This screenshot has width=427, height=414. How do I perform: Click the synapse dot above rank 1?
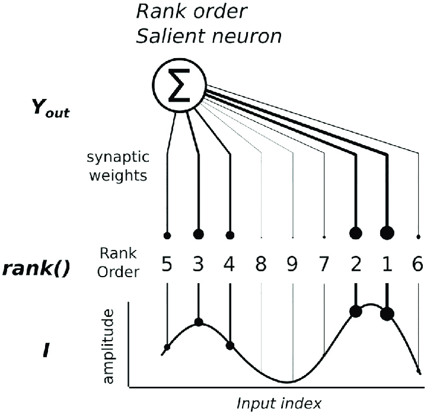point(387,232)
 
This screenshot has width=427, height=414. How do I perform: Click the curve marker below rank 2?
point(355,311)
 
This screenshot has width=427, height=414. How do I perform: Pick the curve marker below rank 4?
point(230,345)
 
